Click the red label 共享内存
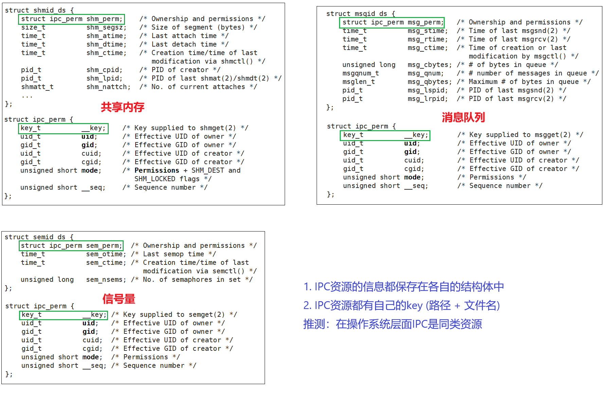coord(122,107)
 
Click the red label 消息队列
coord(463,117)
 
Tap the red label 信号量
coord(119,299)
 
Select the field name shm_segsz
coord(106,27)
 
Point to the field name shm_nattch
coord(108,87)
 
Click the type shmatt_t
coord(37,87)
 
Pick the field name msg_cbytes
coord(429,65)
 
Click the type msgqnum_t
coord(360,73)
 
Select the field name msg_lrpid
coord(427,99)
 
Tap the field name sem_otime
coord(106,254)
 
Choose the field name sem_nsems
coord(106,279)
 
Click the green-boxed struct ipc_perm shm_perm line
coord(71,19)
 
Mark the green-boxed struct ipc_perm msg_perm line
coord(392,22)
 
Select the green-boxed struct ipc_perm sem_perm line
coord(71,245)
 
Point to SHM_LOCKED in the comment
coord(155,179)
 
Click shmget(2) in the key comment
coord(218,128)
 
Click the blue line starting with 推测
coord(392,324)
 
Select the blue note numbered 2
coord(401,305)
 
